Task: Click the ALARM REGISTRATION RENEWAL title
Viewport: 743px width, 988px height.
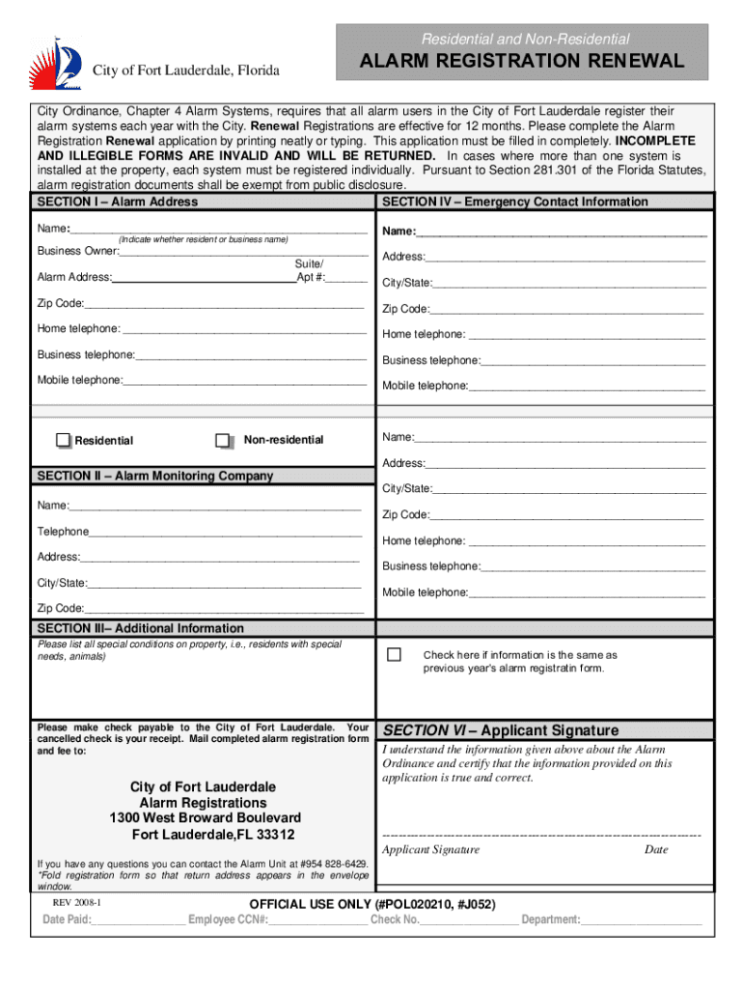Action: click(x=522, y=62)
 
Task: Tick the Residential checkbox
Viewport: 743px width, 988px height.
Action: click(x=64, y=440)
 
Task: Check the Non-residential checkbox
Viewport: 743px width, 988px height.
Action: click(x=223, y=440)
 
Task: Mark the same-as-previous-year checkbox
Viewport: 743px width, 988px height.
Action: click(x=394, y=655)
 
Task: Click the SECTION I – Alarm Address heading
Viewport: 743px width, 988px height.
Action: click(x=117, y=202)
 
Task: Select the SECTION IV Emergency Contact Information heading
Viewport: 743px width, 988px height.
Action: click(x=515, y=202)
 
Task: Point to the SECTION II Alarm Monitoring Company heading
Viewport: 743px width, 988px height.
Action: click(x=154, y=476)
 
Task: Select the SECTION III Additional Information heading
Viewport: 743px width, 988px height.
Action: click(x=140, y=628)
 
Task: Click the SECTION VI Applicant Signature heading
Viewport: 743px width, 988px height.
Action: click(x=501, y=730)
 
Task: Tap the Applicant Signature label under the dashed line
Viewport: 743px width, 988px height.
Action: click(x=430, y=850)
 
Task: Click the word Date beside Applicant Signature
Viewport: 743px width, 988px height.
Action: click(x=656, y=850)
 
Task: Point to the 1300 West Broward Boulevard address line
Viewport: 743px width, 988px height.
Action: click(x=205, y=818)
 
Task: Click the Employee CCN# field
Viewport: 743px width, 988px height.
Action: click(x=317, y=919)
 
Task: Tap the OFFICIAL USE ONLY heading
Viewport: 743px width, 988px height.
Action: click(x=372, y=904)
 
